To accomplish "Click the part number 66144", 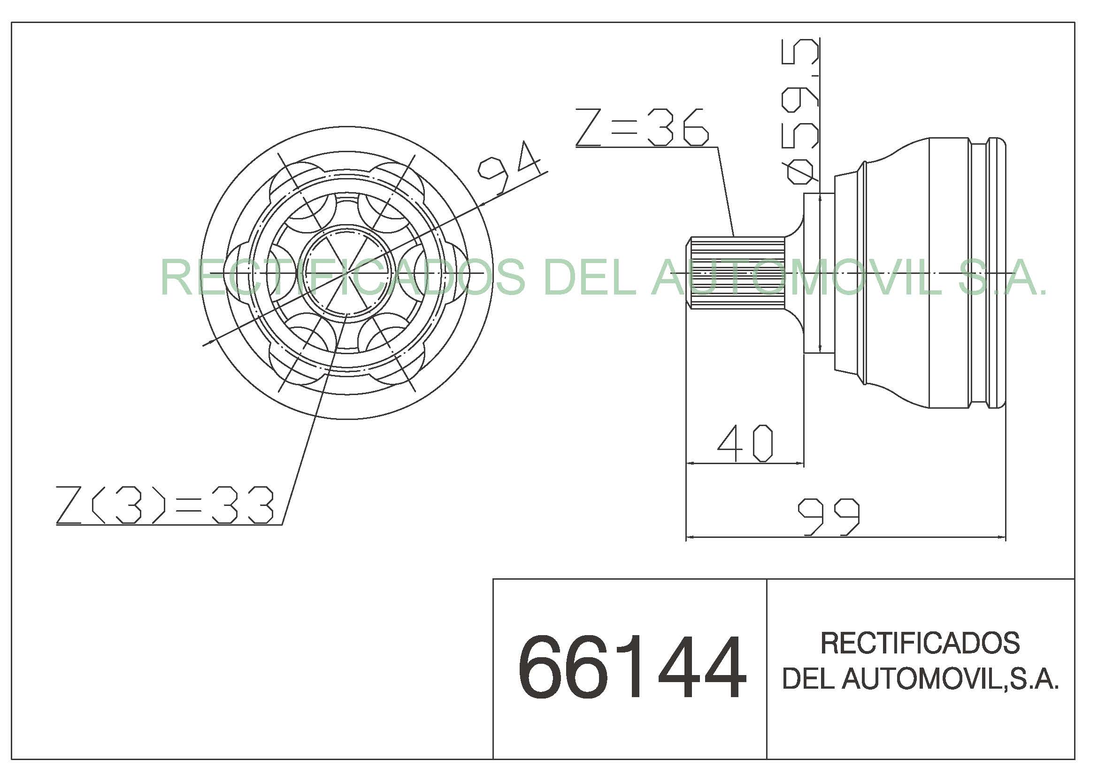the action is pos(632,667).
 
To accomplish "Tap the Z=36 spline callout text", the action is pos(642,127).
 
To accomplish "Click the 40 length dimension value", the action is pos(745,443).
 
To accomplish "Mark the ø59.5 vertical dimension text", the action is pos(800,111).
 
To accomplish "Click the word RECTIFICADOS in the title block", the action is pos(921,643).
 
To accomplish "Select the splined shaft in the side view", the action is pos(737,273).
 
